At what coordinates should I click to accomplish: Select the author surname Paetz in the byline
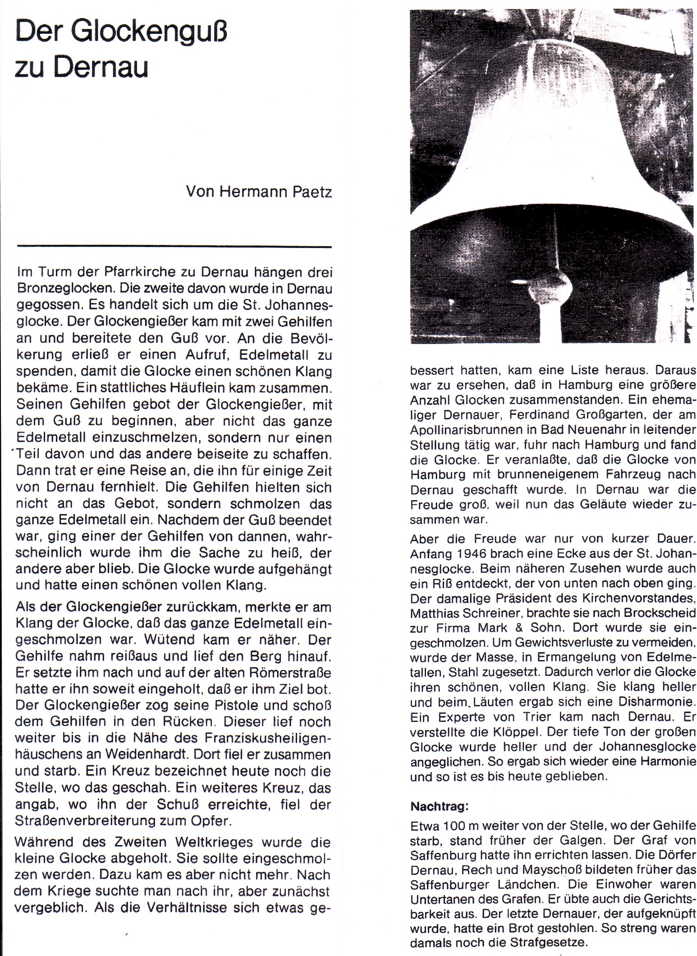click(312, 193)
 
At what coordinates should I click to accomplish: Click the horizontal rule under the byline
click(174, 247)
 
